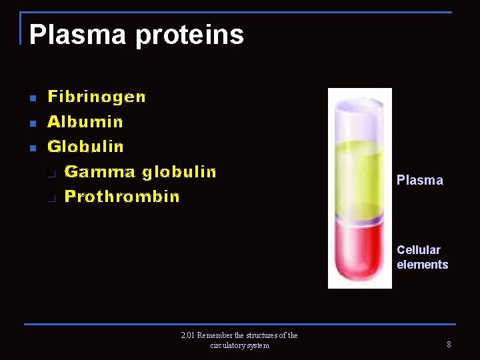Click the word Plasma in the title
point(77,35)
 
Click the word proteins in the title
point(189,35)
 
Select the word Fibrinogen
point(97,97)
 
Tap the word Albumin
point(85,122)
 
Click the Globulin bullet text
point(85,146)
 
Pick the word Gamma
point(99,172)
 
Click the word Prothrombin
point(122,197)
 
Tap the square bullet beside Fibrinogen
point(31,99)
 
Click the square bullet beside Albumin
point(31,123)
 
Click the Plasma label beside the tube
point(419,180)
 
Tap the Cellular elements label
point(422,257)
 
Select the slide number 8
point(449,345)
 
